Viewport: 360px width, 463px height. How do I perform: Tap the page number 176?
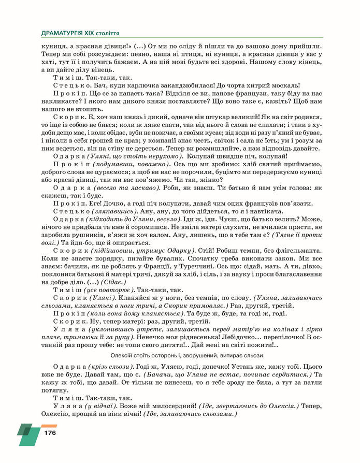coord(50,433)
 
